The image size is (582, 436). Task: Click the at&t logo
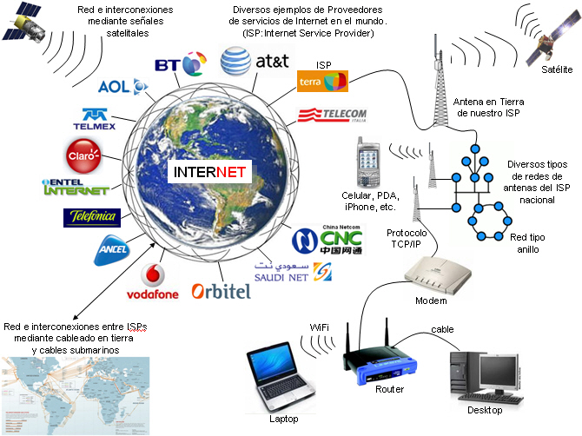(255, 61)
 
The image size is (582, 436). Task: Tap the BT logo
(181, 63)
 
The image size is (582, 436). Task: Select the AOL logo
(122, 87)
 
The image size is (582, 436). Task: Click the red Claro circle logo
(84, 155)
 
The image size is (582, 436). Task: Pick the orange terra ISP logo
(322, 82)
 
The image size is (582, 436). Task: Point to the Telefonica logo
(92, 217)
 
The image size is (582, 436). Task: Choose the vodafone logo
(153, 281)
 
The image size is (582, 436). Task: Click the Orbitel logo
(222, 291)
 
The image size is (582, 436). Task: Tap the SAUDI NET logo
(293, 272)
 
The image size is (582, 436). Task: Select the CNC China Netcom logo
(327, 240)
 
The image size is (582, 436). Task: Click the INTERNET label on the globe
(209, 172)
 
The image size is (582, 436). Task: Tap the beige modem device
(438, 275)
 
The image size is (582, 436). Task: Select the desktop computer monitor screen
(499, 371)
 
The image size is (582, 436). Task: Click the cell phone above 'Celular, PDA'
(367, 163)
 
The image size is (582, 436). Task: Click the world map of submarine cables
(76, 395)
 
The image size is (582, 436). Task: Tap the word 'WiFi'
(319, 327)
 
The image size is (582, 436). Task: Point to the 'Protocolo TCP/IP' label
(407, 238)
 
